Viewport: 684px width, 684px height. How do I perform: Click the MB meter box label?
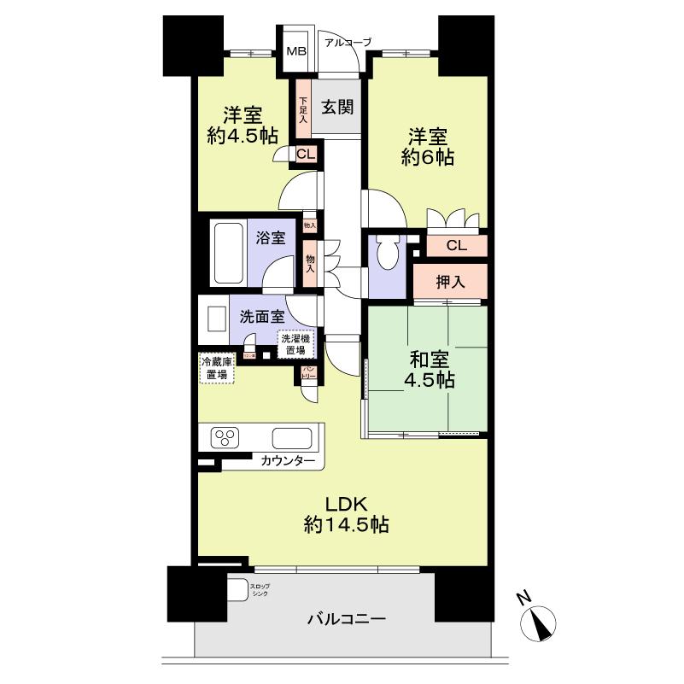[295, 51]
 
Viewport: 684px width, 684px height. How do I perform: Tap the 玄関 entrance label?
[337, 108]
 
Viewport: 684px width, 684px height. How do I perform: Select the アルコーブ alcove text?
[347, 41]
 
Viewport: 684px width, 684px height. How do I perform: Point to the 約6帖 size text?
[426, 157]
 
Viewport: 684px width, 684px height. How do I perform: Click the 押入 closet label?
[450, 283]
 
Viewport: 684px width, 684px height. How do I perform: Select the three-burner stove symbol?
[226, 439]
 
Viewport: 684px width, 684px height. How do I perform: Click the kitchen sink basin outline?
[291, 439]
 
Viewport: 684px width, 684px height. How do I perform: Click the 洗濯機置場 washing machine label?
[296, 344]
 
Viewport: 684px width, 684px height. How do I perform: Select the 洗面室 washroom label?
[261, 316]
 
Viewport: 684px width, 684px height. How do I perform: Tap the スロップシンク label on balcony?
[259, 589]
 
